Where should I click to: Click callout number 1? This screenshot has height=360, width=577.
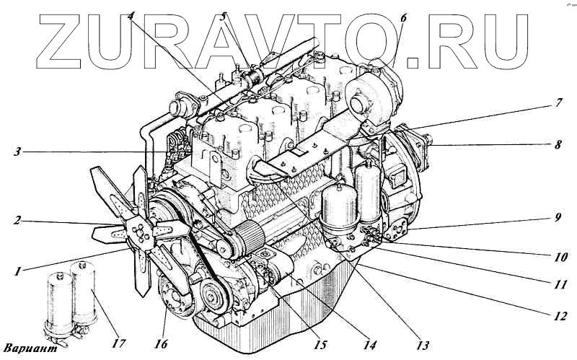point(17,272)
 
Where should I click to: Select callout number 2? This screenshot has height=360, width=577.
point(17,221)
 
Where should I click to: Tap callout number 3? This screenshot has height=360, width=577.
point(17,152)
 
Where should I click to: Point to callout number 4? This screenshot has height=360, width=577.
point(131,16)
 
